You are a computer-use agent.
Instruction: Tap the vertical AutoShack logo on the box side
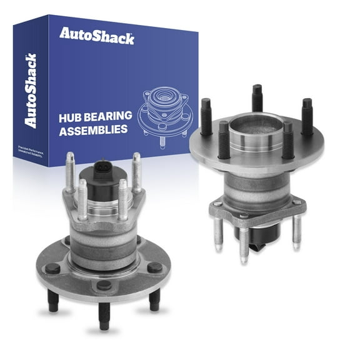click(29, 91)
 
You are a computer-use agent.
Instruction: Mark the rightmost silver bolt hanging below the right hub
click(297, 231)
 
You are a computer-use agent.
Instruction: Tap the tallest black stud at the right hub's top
click(257, 98)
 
